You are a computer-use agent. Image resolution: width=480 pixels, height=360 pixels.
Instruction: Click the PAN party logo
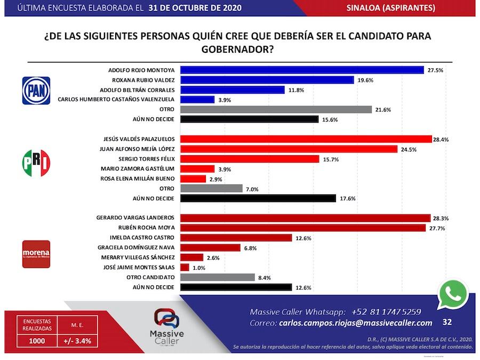[36, 90]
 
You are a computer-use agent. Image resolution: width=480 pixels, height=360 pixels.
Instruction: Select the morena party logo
[36, 252]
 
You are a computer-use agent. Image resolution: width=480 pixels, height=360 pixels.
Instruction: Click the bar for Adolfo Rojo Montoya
[302, 70]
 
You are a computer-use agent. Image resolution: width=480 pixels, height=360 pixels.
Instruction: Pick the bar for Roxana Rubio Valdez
[267, 80]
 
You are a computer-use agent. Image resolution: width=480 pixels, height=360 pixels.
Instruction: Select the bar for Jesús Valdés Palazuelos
[306, 139]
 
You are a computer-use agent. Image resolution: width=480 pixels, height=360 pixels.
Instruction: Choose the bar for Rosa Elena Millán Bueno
[189, 179]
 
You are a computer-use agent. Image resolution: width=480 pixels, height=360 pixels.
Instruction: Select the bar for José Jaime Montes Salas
[185, 267]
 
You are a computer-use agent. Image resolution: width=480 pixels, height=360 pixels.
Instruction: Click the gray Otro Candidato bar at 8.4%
[217, 277]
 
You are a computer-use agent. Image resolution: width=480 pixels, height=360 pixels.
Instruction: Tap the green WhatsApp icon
[452, 294]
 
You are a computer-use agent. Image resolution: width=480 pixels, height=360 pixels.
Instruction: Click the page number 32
[447, 322]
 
